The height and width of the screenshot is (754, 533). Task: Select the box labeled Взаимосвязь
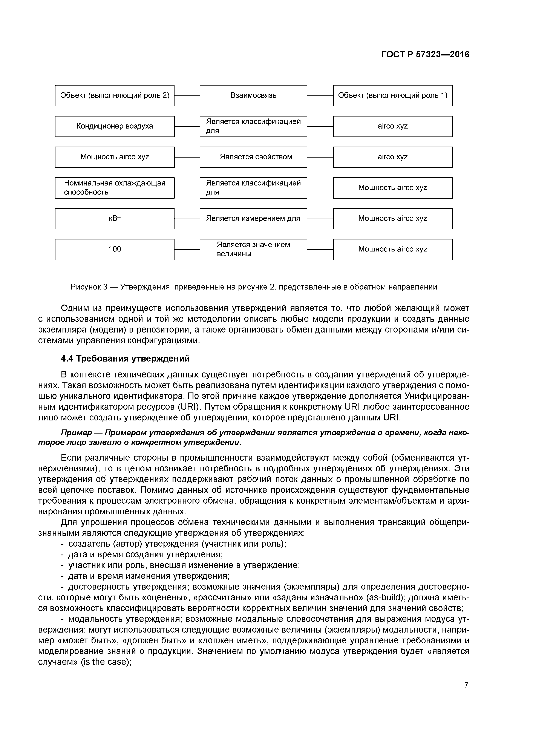(253, 96)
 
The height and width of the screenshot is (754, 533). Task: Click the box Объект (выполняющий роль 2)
(115, 96)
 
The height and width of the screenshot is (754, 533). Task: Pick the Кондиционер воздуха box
(115, 126)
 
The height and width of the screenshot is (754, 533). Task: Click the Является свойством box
(253, 157)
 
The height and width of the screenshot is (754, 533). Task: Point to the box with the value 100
(115, 249)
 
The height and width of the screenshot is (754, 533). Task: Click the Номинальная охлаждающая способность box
(115, 188)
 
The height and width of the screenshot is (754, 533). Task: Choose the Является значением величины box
(253, 249)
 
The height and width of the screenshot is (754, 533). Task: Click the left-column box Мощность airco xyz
(115, 157)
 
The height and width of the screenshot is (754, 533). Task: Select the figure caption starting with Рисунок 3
(254, 287)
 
